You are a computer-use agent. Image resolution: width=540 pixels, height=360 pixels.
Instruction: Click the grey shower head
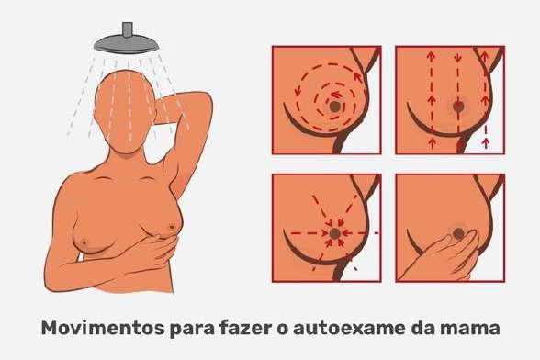(x=127, y=44)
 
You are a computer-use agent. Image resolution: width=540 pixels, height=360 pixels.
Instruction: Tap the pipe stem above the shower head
(x=127, y=29)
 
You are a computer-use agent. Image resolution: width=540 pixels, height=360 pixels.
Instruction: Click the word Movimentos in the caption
(x=103, y=328)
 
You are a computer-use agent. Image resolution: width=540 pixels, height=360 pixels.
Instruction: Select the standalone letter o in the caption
(x=283, y=330)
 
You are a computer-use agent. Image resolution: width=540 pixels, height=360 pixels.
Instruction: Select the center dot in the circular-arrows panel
(x=334, y=107)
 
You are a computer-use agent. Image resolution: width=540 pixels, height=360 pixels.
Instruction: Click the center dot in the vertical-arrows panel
(x=458, y=107)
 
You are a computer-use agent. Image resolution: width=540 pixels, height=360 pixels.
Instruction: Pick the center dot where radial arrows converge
(x=334, y=233)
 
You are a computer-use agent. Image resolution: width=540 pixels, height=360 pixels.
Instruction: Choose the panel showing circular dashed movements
(x=327, y=100)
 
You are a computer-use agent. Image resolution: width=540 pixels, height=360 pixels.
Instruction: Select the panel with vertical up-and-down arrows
(x=450, y=100)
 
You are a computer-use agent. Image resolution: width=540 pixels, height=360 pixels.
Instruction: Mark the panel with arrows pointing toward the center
(x=327, y=228)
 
